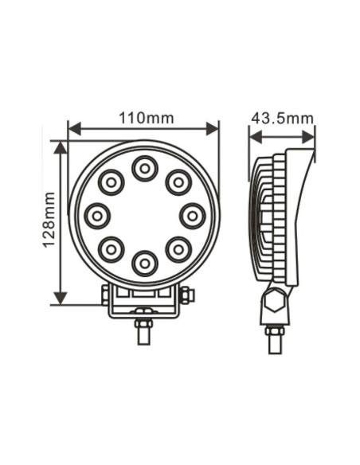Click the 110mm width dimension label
tap(146, 118)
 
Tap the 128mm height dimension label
tap(49, 220)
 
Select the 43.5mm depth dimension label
tap(282, 118)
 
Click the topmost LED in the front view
tap(144, 168)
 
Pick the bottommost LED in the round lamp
tap(144, 262)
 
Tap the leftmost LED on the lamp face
tap(97, 215)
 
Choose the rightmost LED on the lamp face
tap(192, 215)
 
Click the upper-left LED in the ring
tap(111, 182)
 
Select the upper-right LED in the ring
tap(178, 182)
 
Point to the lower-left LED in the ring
tap(111, 249)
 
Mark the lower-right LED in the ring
tap(178, 249)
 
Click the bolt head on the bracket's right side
tap(187, 296)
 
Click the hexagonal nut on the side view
tap(274, 301)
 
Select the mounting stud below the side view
tap(275, 338)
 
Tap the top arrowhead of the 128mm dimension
tap(61, 147)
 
